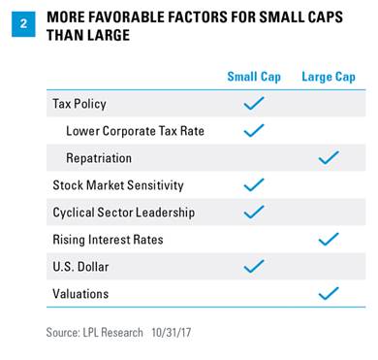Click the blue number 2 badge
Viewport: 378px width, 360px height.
23,24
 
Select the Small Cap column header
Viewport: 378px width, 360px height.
254,77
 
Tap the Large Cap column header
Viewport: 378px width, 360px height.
329,77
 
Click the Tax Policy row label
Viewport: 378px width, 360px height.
79,104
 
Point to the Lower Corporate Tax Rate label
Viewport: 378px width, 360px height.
135,131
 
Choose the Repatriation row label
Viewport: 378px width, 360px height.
99,158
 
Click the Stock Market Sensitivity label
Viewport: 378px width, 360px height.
118,185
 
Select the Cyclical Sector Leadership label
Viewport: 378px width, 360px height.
124,213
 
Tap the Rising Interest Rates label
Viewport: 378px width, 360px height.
108,240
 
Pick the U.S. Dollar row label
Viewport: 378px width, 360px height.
80,267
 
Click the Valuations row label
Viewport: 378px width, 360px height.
80,294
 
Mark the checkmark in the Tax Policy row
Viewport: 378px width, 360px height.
254,104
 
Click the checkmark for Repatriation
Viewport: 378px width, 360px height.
329,158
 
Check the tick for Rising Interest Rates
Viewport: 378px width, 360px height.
329,240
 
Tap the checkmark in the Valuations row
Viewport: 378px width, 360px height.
329,294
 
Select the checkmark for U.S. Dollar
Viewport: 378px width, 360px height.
254,267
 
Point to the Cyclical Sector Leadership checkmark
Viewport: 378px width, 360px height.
254,213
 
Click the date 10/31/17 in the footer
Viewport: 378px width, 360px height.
172,333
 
